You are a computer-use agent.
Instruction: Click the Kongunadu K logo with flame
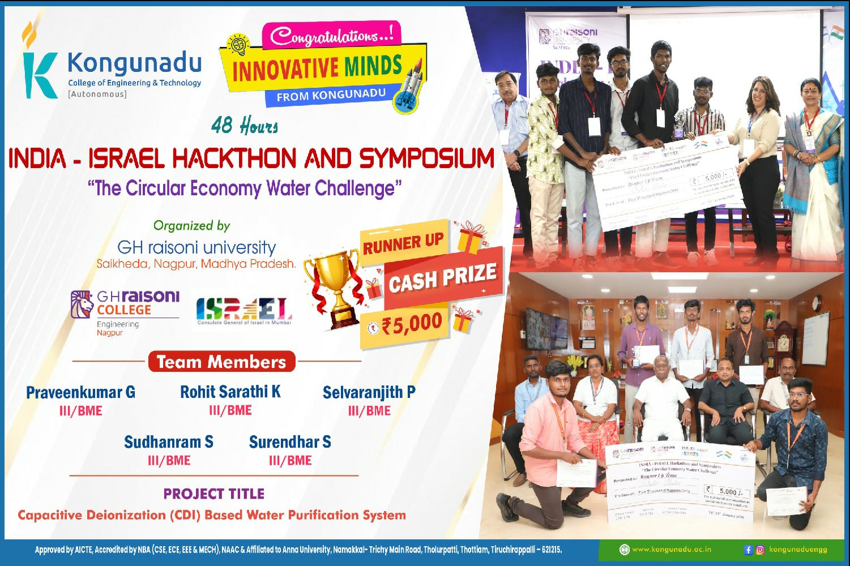click(x=38, y=62)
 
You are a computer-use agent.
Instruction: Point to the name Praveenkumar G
click(x=80, y=392)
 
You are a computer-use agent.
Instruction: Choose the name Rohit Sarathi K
click(x=230, y=392)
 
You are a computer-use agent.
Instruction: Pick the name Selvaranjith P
click(x=369, y=392)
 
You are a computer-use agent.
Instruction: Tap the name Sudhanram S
click(x=169, y=442)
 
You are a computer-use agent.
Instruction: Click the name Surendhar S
click(x=290, y=442)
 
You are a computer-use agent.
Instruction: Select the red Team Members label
click(x=221, y=362)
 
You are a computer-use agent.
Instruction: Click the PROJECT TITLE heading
click(x=214, y=494)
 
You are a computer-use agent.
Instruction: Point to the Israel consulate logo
click(x=244, y=311)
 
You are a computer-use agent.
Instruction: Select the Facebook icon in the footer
click(x=748, y=549)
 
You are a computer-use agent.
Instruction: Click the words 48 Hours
click(x=245, y=126)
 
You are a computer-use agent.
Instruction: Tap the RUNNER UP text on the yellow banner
click(x=403, y=244)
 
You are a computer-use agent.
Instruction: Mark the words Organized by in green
click(x=191, y=225)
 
